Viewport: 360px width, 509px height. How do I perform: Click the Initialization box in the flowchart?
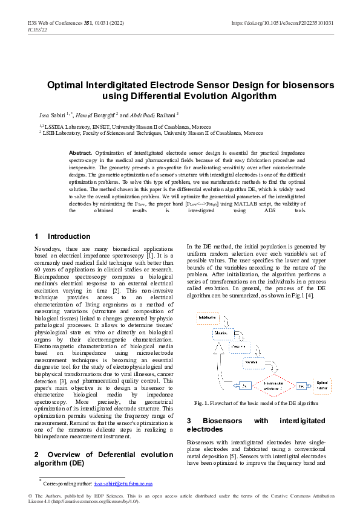[207, 317]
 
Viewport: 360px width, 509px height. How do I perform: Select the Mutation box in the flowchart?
[221, 332]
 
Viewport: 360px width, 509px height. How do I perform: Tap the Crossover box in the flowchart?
[234, 347]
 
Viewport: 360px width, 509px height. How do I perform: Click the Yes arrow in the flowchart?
[301, 384]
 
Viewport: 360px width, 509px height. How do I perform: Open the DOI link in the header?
[282, 23]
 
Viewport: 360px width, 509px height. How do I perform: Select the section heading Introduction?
[69, 236]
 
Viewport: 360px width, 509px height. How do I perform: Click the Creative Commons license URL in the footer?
[95, 502]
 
